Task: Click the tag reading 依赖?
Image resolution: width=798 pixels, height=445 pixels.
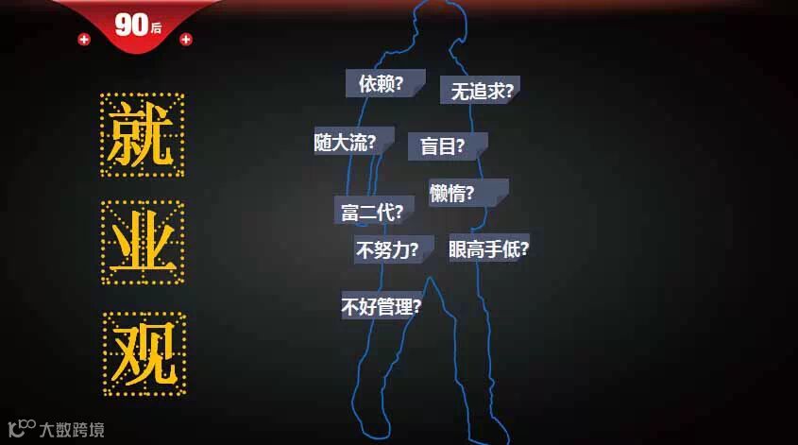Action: [382, 83]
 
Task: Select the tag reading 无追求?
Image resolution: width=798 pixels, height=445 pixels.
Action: [481, 91]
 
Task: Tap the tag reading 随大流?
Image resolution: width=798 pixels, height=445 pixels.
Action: [353, 142]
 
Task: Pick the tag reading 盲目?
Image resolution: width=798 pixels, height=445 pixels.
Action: [446, 146]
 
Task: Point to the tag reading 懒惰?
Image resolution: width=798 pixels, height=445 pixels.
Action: [467, 194]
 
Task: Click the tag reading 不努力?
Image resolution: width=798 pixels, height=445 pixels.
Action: [392, 250]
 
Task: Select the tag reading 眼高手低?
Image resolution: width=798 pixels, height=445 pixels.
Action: [488, 249]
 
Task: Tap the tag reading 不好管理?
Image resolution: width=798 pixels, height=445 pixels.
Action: [382, 306]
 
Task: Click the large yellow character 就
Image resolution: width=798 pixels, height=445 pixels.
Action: [143, 134]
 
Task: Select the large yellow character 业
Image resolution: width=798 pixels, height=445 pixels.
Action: [143, 243]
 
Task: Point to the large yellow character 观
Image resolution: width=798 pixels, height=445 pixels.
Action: [144, 353]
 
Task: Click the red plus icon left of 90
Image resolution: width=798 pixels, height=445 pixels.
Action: [84, 40]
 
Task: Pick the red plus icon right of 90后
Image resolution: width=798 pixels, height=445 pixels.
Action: [186, 40]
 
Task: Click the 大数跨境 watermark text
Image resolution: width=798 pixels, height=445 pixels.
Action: [72, 430]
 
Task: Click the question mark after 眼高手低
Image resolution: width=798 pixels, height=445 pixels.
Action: [524, 249]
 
